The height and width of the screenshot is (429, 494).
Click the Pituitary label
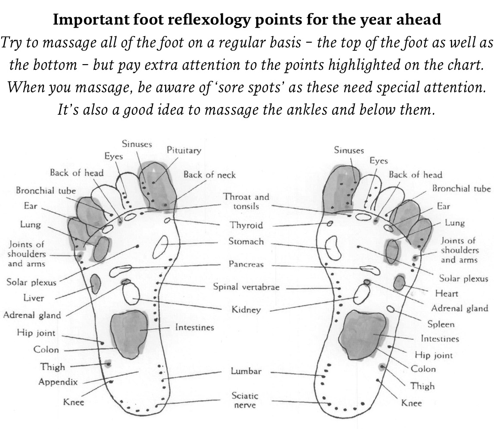click(x=184, y=150)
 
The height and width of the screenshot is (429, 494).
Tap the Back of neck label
click(x=209, y=175)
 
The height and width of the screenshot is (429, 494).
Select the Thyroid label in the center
click(x=246, y=225)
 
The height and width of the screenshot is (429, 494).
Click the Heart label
click(x=447, y=293)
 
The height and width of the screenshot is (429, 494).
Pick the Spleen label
click(x=441, y=324)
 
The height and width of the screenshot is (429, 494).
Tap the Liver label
click(x=34, y=298)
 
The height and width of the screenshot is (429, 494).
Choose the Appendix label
click(x=58, y=382)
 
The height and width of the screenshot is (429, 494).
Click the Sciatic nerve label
click(x=245, y=400)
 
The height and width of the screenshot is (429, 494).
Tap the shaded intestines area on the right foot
click(x=363, y=335)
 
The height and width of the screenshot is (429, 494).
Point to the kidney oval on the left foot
click(x=131, y=294)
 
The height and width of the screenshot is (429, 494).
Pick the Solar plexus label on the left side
click(x=31, y=282)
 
